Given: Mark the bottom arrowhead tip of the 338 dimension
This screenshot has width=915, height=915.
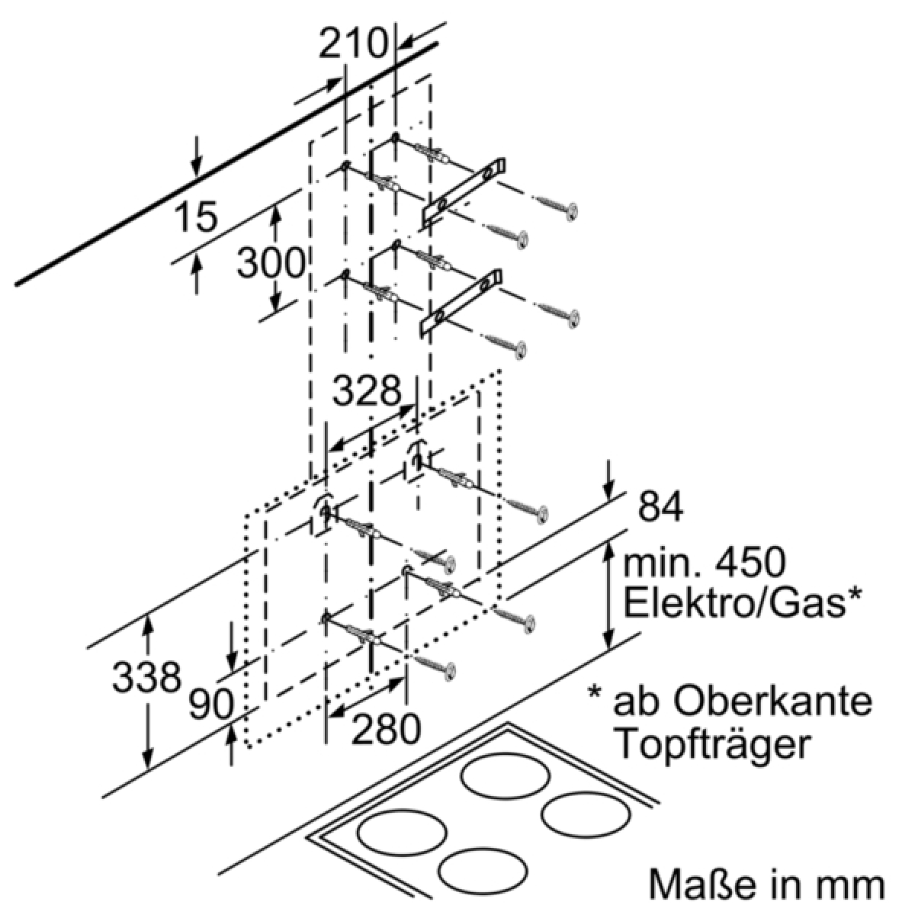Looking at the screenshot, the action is click(149, 769).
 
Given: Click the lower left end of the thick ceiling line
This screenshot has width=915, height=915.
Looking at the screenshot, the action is click(17, 284).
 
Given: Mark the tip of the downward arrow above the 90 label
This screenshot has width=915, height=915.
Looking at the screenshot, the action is click(232, 670).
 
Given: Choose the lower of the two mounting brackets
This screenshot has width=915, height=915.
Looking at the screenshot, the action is click(460, 303).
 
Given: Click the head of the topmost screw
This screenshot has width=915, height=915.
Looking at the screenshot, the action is click(571, 210).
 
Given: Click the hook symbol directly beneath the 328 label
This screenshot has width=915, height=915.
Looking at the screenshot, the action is click(417, 454).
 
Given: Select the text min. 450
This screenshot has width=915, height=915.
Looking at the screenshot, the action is click(705, 563).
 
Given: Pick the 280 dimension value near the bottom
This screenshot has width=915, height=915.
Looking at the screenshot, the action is click(386, 727).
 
